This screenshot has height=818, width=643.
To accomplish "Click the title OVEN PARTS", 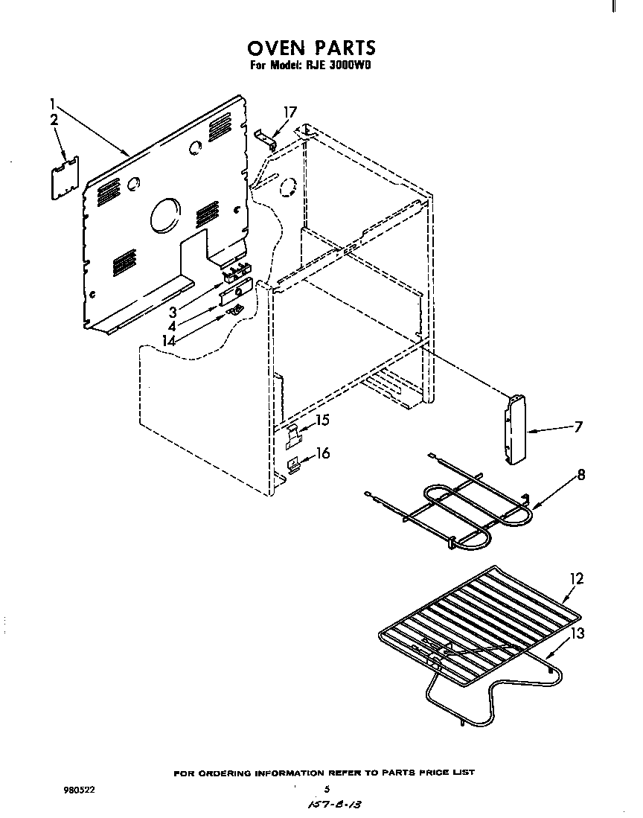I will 312,48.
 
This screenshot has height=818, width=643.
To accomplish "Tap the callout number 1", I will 54,103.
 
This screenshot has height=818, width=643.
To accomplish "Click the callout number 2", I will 54,121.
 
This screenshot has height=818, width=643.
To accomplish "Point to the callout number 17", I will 289,112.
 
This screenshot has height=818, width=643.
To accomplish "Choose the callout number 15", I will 322,421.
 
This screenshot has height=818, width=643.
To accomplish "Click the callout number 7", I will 578,427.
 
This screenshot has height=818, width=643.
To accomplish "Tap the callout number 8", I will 580,474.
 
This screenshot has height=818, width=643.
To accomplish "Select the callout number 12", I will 577,578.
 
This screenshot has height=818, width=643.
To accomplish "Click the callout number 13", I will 577,633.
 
